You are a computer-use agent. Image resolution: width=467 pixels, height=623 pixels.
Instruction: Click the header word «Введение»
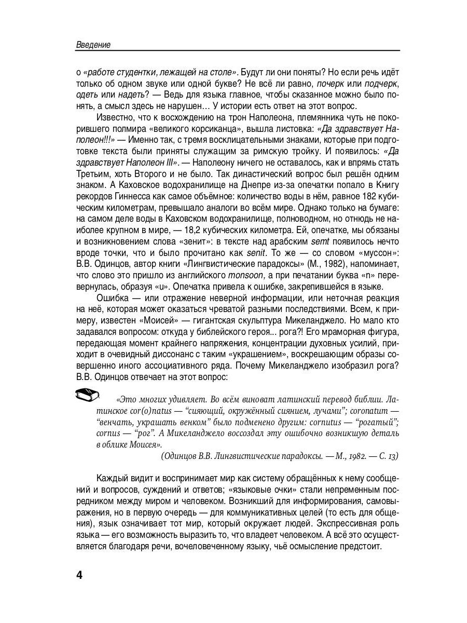pos(93,45)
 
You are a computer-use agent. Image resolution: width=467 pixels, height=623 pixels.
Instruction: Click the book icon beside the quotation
pos(87,396)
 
